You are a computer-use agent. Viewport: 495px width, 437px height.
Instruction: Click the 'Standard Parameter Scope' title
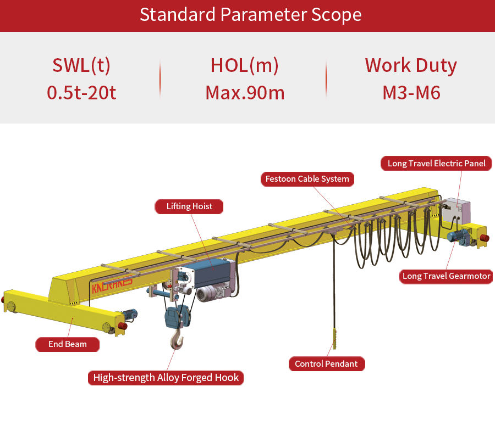[250, 15]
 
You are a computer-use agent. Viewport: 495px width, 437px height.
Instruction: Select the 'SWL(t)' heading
[81, 65]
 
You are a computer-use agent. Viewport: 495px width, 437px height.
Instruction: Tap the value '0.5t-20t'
[81, 93]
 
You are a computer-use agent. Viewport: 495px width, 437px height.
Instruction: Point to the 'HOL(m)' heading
[245, 65]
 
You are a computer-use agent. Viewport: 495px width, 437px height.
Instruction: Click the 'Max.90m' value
[245, 93]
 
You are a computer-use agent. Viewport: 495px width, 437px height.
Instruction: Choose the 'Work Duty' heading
[411, 65]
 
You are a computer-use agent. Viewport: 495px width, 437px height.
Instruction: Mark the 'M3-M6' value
[411, 93]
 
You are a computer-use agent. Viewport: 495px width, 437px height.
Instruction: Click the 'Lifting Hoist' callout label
[189, 206]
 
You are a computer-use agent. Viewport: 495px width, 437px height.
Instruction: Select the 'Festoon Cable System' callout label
[307, 179]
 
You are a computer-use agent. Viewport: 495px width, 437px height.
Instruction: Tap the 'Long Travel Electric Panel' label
[436, 163]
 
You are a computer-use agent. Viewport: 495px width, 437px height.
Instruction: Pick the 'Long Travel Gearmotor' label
[446, 276]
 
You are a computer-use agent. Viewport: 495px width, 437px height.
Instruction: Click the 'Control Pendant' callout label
[326, 364]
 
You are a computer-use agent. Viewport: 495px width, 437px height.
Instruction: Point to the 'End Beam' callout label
[67, 344]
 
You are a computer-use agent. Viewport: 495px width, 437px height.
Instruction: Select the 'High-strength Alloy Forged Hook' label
[166, 378]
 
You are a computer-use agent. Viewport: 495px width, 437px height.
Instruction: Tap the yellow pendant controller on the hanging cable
[334, 338]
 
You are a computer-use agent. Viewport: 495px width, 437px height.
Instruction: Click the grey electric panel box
[456, 211]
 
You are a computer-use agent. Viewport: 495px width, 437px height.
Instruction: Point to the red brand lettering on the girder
[112, 284]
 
